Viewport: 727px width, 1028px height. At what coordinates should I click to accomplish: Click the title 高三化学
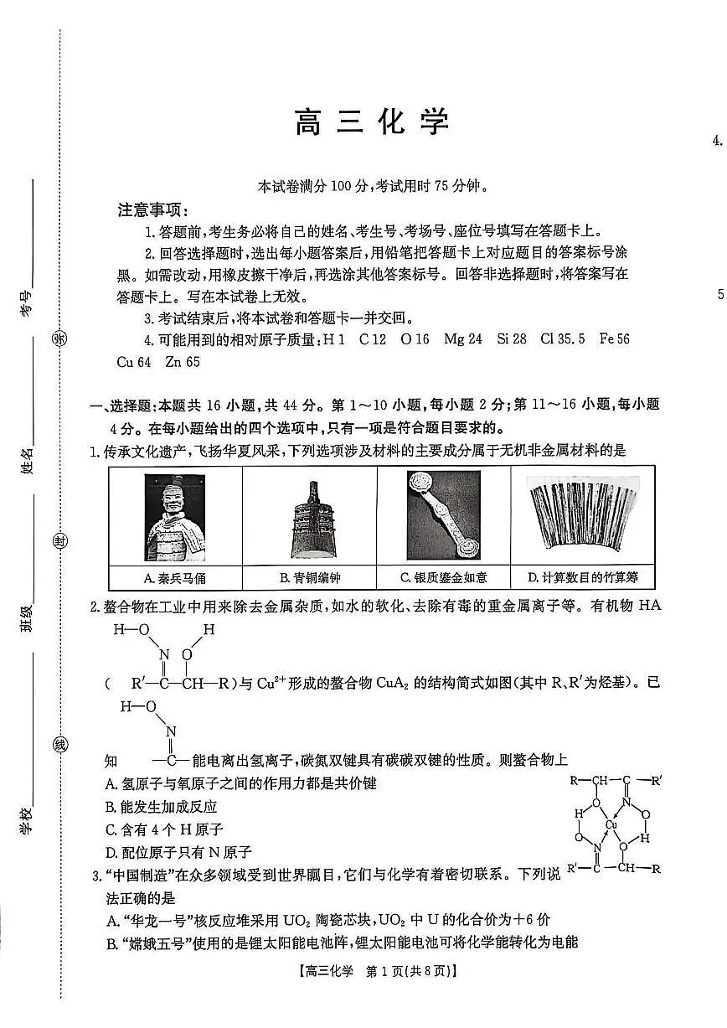tap(372, 122)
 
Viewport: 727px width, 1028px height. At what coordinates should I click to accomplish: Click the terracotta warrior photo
tap(174, 517)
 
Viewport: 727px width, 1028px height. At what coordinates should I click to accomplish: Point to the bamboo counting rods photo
tap(582, 517)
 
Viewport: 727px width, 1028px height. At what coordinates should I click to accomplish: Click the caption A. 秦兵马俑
tap(175, 577)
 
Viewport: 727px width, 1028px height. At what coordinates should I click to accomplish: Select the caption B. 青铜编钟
tap(310, 577)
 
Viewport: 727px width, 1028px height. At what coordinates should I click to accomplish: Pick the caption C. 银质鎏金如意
tap(444, 577)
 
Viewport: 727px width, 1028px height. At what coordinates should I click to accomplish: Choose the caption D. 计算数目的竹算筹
tap(582, 577)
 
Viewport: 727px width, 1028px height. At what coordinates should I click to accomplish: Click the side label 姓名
tap(28, 460)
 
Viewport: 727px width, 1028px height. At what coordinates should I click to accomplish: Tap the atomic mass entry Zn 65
tap(183, 362)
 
